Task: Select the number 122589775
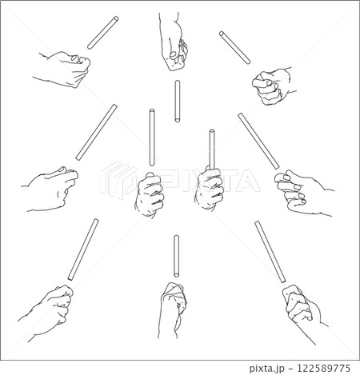[x=323, y=369]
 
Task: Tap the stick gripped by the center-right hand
[x=212, y=150]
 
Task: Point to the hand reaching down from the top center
[x=173, y=42]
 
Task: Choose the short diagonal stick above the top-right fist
[x=234, y=48]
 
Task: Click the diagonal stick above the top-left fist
[x=103, y=33]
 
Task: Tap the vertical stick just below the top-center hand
[x=178, y=102]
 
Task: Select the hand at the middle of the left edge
[x=50, y=189]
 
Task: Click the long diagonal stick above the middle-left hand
[x=96, y=132]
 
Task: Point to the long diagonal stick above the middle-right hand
[x=258, y=142]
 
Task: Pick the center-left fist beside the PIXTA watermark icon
[x=149, y=194]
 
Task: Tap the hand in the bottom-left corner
[x=46, y=313]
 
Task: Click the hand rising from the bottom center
[x=172, y=310]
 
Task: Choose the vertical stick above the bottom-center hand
[x=176, y=257]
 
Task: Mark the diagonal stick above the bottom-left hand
[x=83, y=249]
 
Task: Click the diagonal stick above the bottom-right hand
[x=270, y=252]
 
